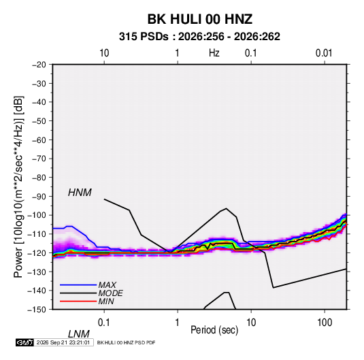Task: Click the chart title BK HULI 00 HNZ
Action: click(200, 19)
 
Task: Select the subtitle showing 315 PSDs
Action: click(199, 37)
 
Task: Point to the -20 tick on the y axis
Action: click(39, 65)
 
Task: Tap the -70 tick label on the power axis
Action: click(39, 159)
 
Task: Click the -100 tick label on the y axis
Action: click(37, 215)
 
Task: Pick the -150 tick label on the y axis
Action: click(37, 310)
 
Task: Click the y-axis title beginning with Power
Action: click(18, 186)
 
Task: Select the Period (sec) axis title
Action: click(214, 330)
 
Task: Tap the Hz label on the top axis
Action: click(214, 53)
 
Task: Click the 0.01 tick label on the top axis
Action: click(324, 53)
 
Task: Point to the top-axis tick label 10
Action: click(104, 53)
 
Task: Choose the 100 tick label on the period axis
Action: click(325, 323)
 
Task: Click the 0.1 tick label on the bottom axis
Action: click(103, 323)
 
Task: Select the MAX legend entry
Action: click(107, 285)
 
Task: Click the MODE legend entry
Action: click(110, 293)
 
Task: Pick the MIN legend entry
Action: click(106, 301)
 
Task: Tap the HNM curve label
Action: click(80, 193)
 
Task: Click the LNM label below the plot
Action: click(79, 334)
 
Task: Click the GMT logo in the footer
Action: click(25, 342)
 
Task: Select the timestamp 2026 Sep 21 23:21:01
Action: click(63, 342)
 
